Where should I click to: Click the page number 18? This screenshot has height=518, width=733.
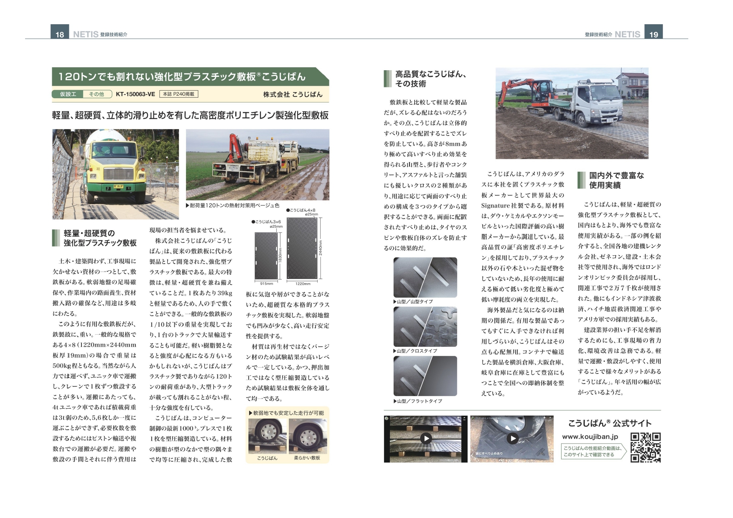click(60, 34)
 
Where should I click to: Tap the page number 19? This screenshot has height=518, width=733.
click(654, 34)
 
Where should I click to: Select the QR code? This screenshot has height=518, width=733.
click(645, 447)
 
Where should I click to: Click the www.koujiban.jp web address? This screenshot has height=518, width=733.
click(590, 437)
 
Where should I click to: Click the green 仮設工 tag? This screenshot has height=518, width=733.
click(68, 94)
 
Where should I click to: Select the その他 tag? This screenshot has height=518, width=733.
click(97, 94)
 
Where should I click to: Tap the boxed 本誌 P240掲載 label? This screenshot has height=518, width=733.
click(178, 94)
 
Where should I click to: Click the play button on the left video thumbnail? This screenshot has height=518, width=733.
click(425, 438)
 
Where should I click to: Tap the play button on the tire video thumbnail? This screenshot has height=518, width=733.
click(512, 438)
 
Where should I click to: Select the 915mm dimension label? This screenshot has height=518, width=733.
click(266, 284)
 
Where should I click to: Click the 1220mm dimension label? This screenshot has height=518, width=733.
click(303, 284)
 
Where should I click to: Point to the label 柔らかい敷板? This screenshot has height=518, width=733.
click(307, 458)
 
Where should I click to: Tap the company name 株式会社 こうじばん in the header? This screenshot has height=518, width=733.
click(293, 94)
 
